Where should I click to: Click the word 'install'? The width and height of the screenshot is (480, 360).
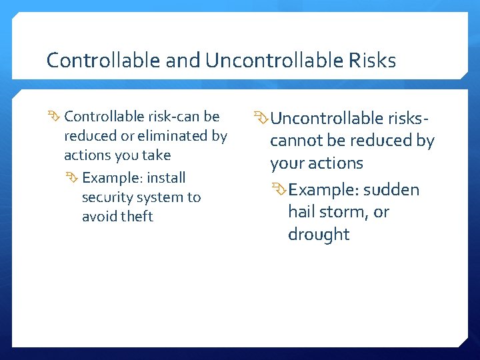click(x=166, y=178)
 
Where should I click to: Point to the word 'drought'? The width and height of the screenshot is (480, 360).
click(x=318, y=235)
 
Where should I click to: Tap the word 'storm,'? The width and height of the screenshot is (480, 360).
click(x=350, y=212)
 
